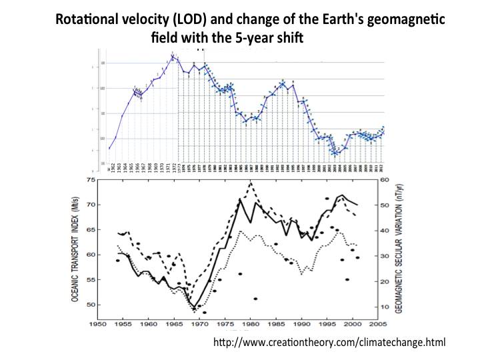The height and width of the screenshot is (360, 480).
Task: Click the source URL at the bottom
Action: coord(329,342)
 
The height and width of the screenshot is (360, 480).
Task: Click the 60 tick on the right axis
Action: coord(385,180)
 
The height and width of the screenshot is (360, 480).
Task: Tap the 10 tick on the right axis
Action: coord(385,307)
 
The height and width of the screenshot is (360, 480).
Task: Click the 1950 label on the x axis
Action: coord(92,326)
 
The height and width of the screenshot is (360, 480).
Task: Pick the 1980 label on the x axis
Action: coord(251,326)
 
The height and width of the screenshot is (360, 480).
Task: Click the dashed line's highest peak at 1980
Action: coord(251,182)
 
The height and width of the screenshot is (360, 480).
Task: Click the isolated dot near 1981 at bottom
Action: coord(255,299)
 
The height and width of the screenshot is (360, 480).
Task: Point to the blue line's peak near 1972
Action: coord(173,56)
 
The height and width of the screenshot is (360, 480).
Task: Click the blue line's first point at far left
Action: coord(109,148)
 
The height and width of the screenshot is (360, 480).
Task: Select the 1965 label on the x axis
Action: coord(172,326)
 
